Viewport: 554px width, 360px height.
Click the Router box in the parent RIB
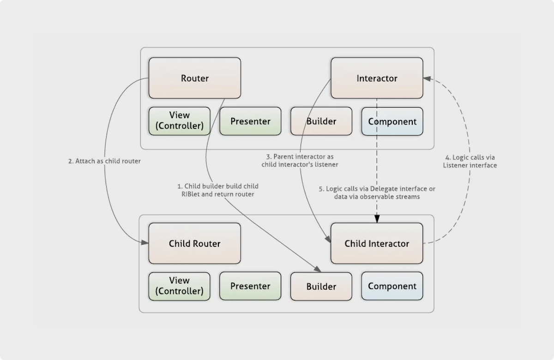tap(194, 78)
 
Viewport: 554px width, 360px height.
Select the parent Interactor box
tap(377, 78)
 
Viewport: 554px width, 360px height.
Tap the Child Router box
tap(194, 243)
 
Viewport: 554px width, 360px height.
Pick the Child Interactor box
tap(377, 243)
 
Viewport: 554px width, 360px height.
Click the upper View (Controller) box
tap(179, 121)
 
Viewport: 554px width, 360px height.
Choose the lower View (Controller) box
tap(179, 286)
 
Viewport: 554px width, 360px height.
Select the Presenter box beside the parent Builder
tap(250, 121)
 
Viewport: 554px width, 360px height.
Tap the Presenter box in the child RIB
tap(250, 286)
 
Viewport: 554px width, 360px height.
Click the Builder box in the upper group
tap(321, 121)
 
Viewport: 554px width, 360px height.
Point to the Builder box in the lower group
tap(321, 286)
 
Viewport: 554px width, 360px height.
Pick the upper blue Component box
tap(392, 121)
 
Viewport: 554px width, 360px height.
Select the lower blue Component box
tap(392, 286)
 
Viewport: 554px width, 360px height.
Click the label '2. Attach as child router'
tap(104, 162)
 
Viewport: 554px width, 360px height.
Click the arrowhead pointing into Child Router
tap(145, 242)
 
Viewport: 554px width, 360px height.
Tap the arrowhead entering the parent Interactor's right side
tap(426, 78)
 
